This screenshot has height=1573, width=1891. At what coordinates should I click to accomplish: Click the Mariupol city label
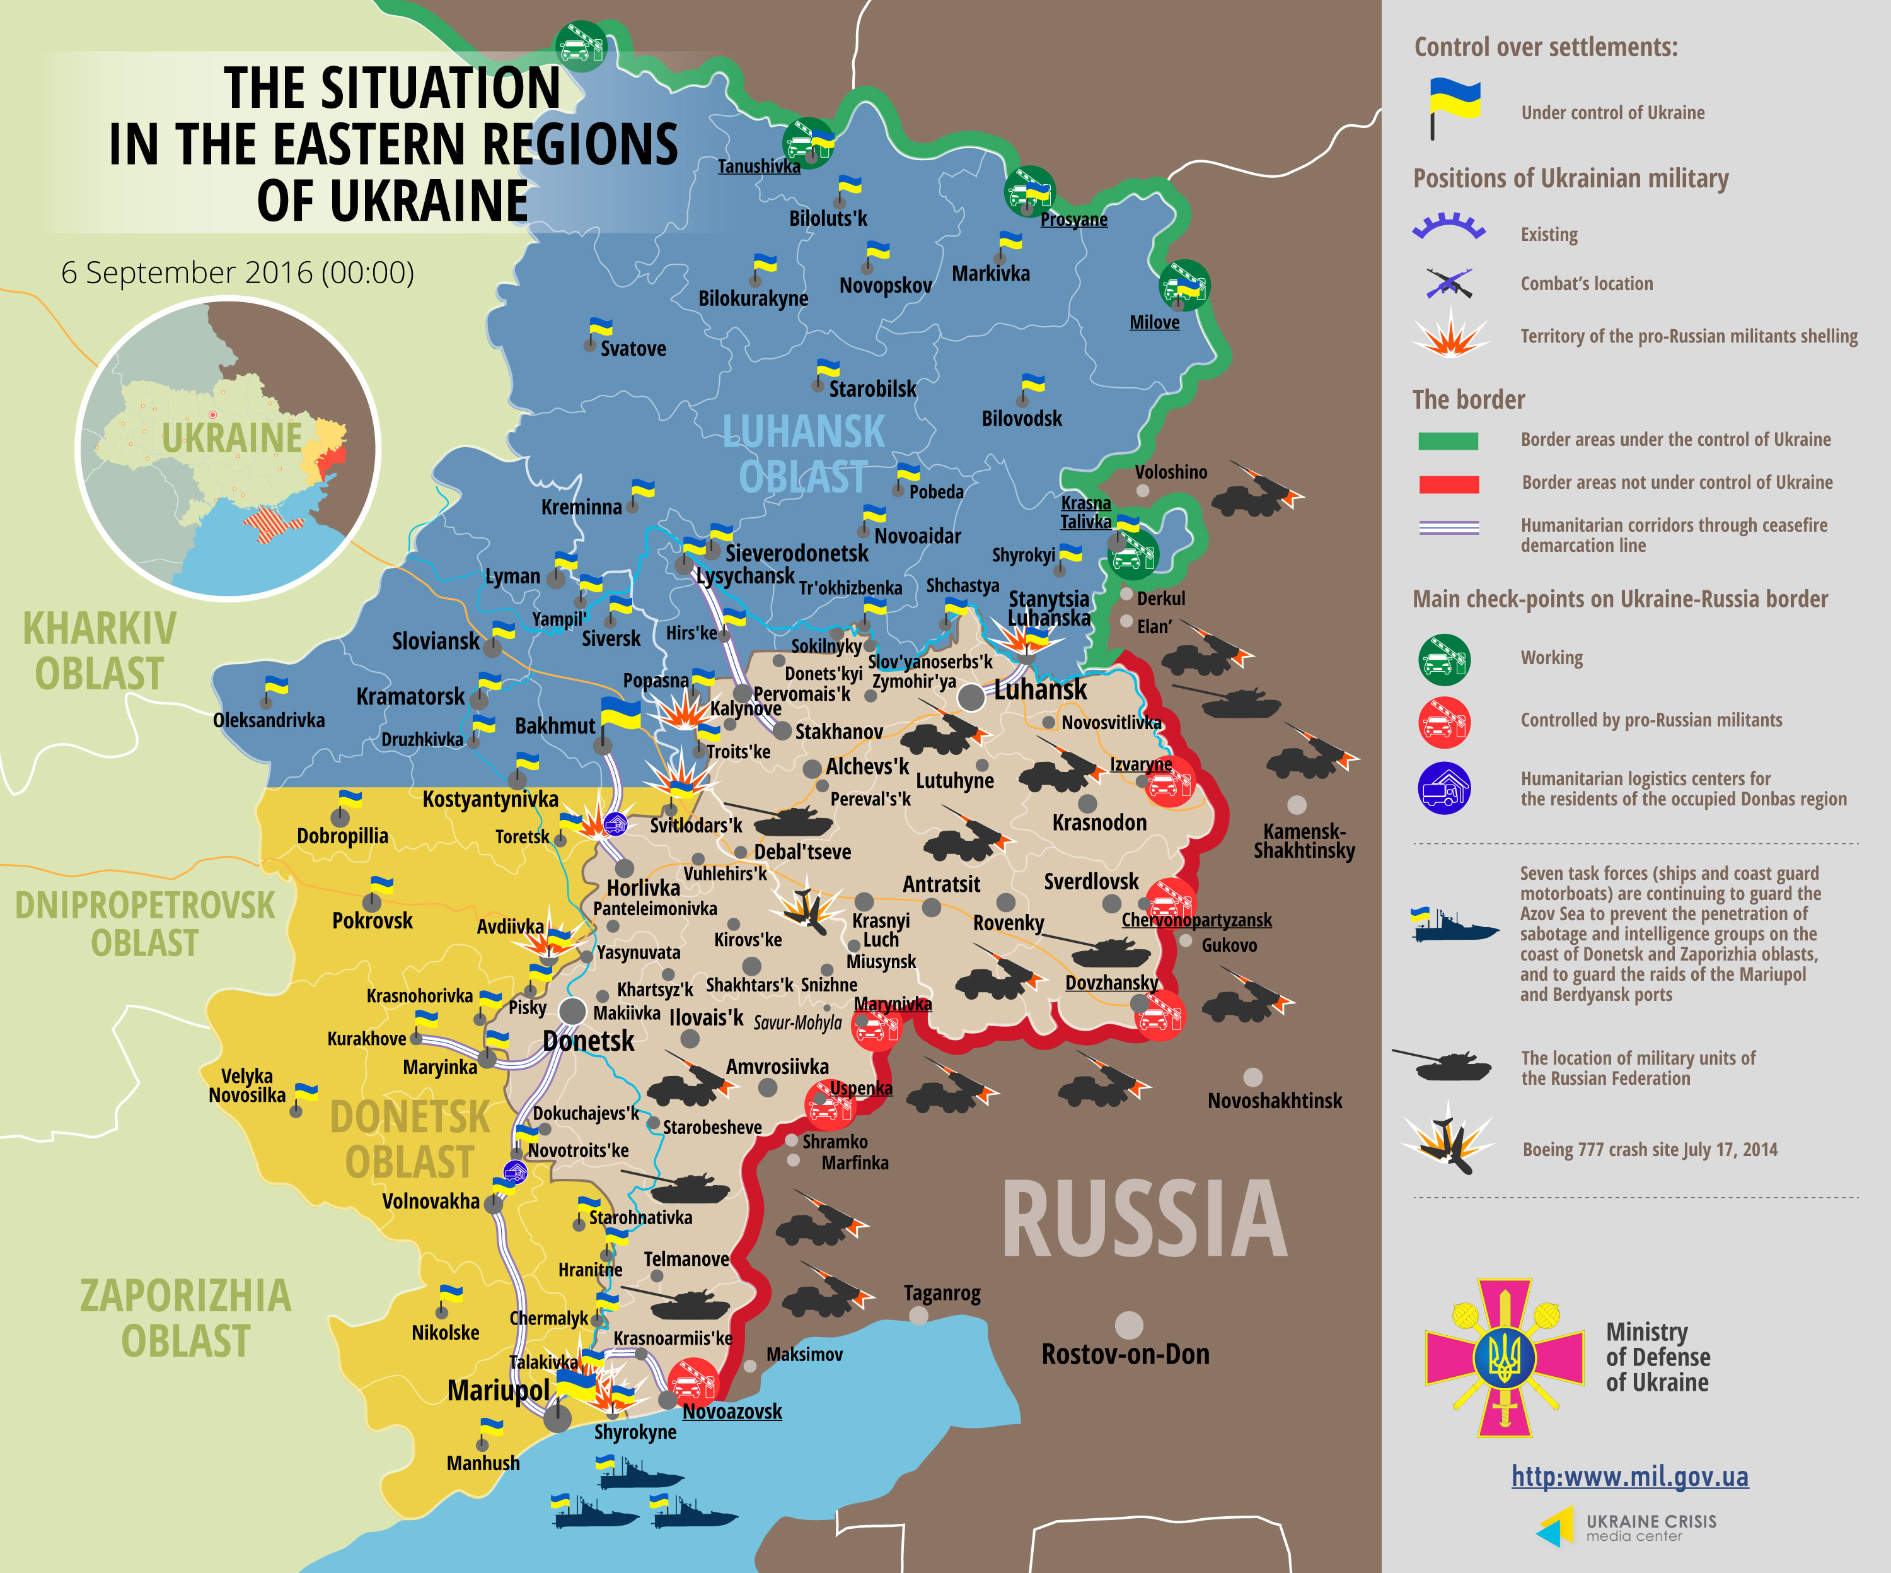click(x=497, y=1390)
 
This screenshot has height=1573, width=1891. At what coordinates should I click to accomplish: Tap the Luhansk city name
click(x=1040, y=690)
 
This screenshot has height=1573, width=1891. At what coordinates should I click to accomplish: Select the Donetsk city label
click(x=588, y=1041)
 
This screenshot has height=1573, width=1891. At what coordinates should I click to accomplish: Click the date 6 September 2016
click(x=237, y=272)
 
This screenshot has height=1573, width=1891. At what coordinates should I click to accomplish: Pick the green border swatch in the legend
click(x=1448, y=440)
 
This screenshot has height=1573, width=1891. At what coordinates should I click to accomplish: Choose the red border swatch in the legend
click(x=1448, y=484)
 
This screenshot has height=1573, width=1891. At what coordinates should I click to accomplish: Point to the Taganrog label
click(x=941, y=1293)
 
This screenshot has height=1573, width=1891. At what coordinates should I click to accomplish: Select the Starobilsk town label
click(x=872, y=389)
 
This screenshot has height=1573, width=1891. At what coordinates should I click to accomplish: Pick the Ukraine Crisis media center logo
click(x=1626, y=1526)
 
